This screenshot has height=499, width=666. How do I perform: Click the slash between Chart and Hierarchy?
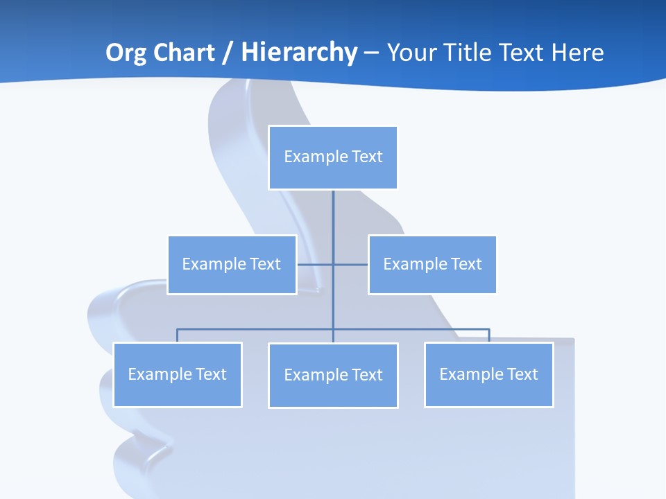pos(228,53)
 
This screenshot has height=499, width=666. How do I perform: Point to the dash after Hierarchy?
pos(371,53)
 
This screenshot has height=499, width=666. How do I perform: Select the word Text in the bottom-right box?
pos(522,374)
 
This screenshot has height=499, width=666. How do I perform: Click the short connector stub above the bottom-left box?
pos(178,335)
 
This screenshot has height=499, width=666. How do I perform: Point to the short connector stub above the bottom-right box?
pos(489,335)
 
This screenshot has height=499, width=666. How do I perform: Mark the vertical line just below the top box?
pos(333,208)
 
